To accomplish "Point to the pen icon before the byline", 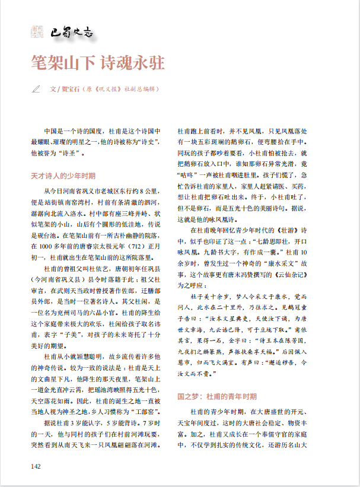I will (36, 90).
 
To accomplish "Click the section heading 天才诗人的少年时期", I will (63, 176).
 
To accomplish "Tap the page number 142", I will (36, 466).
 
